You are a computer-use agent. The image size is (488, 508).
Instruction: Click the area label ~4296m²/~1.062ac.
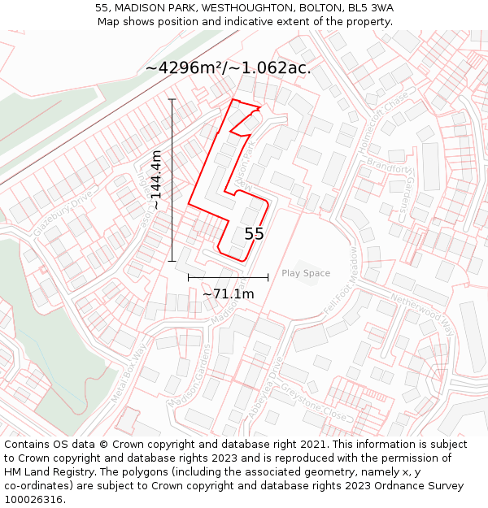click(x=228, y=68)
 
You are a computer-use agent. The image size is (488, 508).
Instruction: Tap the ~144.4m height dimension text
click(x=155, y=180)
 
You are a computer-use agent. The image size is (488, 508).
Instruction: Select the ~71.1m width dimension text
click(x=228, y=294)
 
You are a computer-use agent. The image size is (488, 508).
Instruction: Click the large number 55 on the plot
click(x=254, y=234)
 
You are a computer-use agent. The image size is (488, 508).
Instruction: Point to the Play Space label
click(x=306, y=273)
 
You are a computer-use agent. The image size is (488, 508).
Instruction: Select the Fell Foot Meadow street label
click(x=342, y=282)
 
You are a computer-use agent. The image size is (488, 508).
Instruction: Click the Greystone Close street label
click(x=313, y=402)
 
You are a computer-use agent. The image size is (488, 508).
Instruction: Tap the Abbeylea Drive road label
click(x=265, y=391)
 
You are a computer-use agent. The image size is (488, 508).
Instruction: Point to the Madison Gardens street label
click(x=187, y=376)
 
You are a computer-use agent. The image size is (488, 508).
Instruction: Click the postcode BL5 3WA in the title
click(x=370, y=8)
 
